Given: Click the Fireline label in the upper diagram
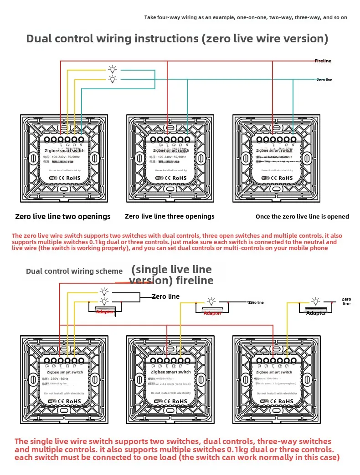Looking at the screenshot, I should [323, 61].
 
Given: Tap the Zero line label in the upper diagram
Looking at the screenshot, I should [324, 80].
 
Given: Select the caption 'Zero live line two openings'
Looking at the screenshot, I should [63, 216].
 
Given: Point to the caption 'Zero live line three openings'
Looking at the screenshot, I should [170, 216].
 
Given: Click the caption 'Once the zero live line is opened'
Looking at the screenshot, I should [302, 216].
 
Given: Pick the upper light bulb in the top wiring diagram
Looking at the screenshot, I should [112, 70].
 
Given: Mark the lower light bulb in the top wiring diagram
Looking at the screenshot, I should [112, 79].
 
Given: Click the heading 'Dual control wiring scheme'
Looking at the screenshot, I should [74, 271].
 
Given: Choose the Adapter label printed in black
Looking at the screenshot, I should [316, 313].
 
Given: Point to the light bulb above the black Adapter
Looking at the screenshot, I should [315, 301].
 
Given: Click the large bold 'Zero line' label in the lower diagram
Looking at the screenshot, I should [166, 296].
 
